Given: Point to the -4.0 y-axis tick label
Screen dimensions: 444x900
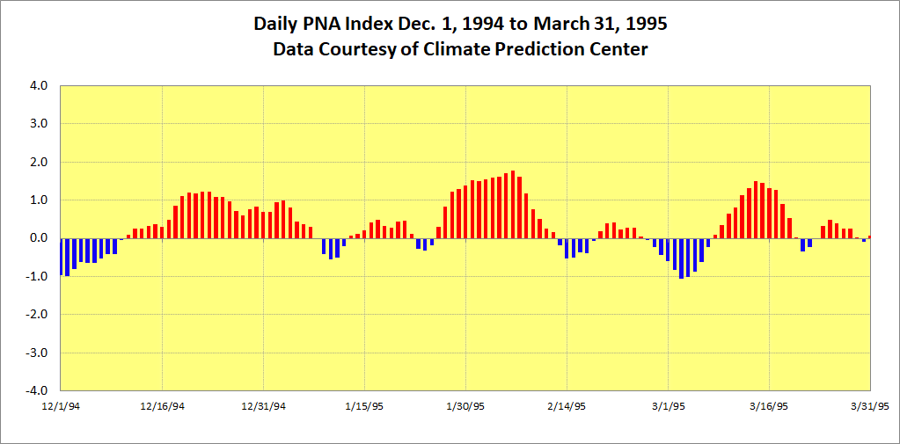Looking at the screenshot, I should click(36, 390).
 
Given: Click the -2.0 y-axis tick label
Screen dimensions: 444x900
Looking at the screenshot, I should click(36, 315).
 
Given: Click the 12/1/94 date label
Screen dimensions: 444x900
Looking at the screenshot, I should click(61, 406).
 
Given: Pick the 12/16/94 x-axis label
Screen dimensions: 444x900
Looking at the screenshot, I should click(162, 406).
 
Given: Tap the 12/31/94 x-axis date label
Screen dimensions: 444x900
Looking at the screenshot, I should click(263, 406).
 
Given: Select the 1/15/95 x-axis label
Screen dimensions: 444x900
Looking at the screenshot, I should click(364, 406).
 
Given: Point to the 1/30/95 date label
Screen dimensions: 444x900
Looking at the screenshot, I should click(465, 406).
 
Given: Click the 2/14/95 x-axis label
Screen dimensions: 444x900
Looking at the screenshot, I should click(567, 406).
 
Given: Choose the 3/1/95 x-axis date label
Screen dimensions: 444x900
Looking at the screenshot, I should click(668, 406).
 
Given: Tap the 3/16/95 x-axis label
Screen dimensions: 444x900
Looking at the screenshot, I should click(769, 406).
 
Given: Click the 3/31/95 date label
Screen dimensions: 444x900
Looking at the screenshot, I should click(870, 406).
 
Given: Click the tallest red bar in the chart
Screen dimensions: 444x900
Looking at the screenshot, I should click(513, 205).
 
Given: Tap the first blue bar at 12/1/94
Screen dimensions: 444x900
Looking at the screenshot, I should click(62, 257).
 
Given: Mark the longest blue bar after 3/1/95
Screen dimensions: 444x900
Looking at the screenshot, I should click(681, 258).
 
